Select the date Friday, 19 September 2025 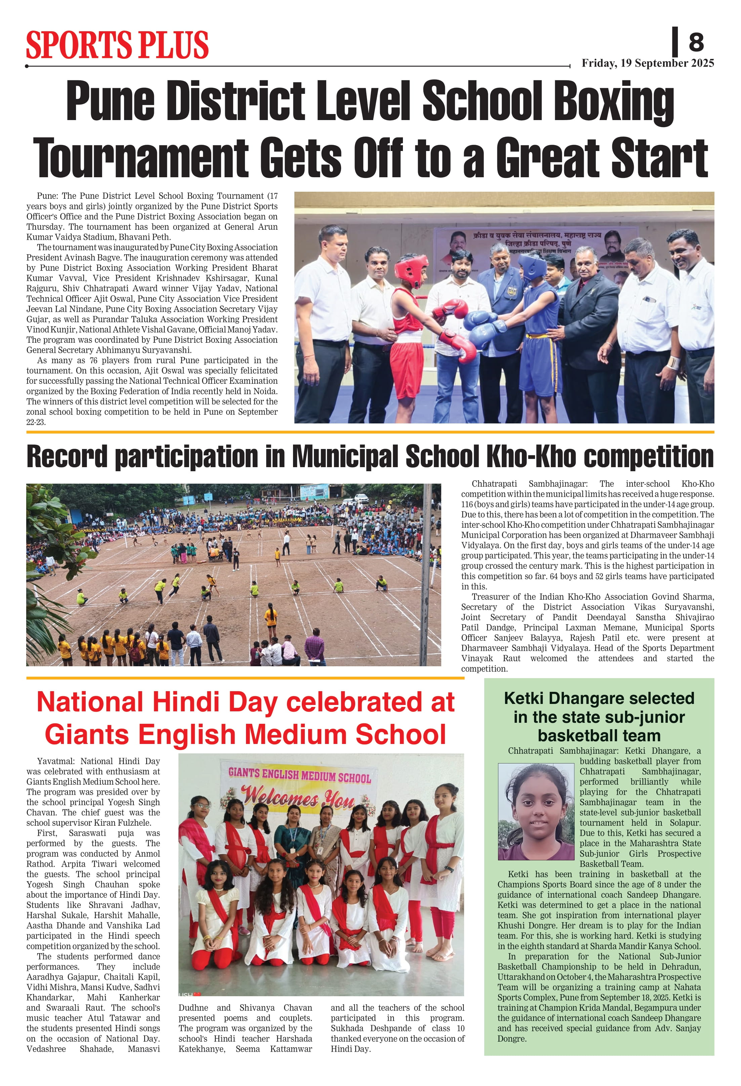pos(647,63)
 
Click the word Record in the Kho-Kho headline pos(67,456)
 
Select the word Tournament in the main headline pos(140,157)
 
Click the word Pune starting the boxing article pos(46,196)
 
